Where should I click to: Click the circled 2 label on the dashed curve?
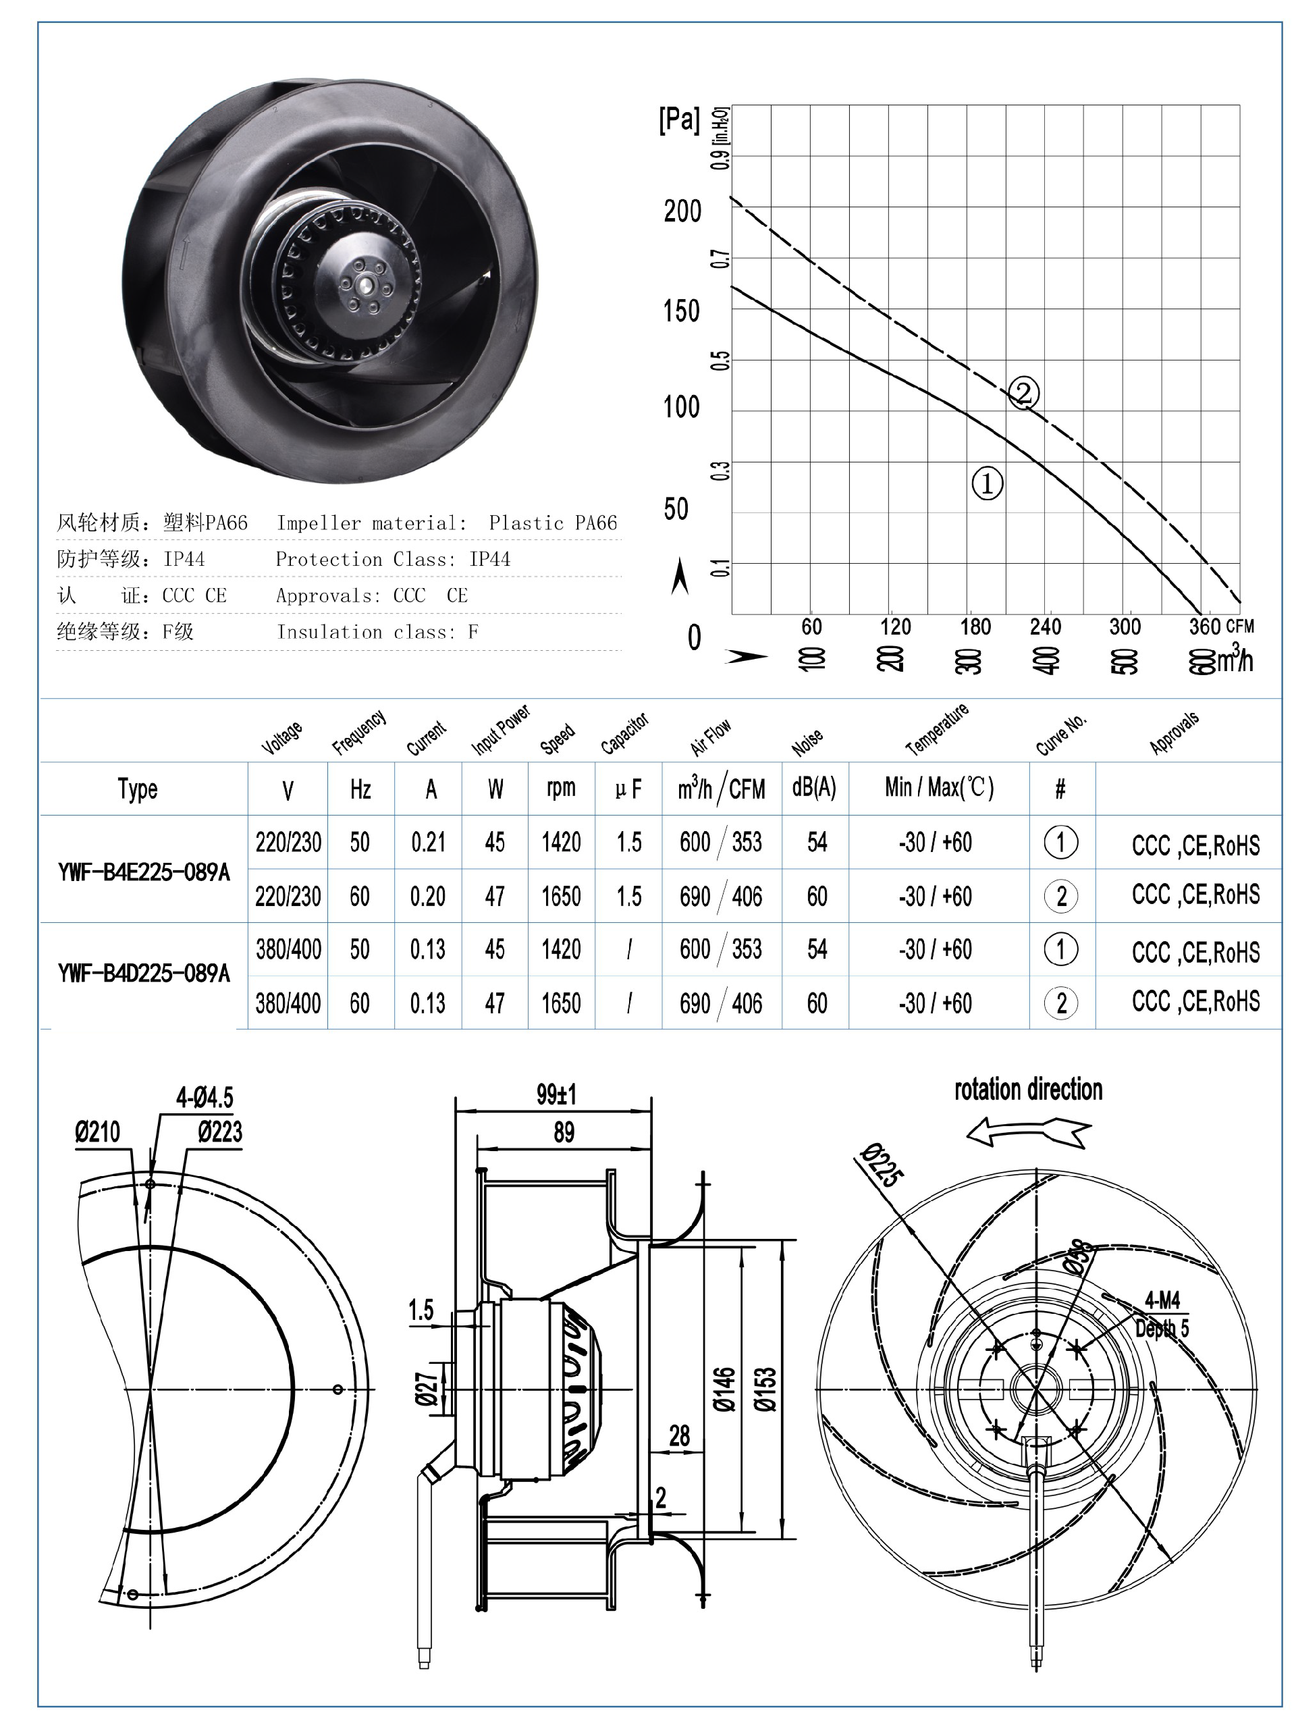coord(1023,392)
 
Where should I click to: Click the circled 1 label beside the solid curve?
coord(987,483)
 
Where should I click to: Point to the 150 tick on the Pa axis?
coord(682,311)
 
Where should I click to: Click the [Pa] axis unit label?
coord(679,119)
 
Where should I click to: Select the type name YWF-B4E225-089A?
coord(144,872)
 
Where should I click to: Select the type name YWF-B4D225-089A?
coord(144,974)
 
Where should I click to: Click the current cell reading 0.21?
coord(428,843)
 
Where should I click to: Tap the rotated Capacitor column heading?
coord(624,735)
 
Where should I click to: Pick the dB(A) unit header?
coord(813,788)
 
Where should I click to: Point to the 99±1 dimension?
coord(556,1095)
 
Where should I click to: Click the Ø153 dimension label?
coord(765,1389)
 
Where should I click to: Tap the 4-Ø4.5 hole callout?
coord(205,1098)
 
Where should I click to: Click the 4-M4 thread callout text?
coord(1162,1300)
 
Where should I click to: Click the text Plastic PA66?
coord(553,523)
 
